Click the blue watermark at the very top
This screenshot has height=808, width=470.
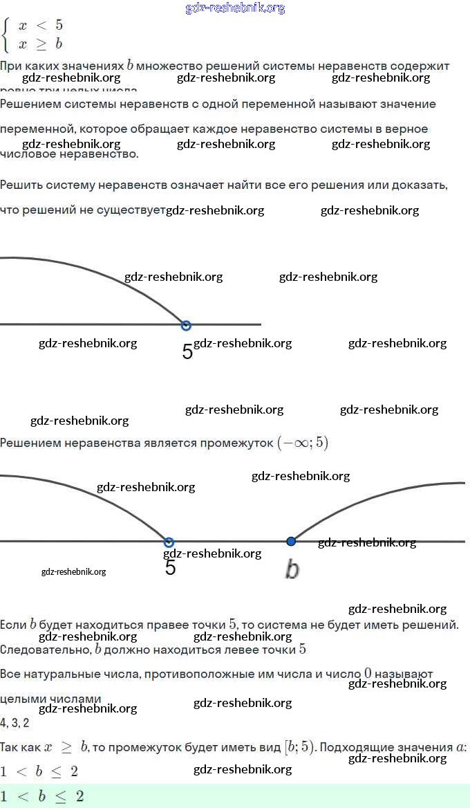[235, 8]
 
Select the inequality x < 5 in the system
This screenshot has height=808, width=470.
[41, 26]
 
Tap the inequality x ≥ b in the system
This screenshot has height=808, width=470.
[41, 44]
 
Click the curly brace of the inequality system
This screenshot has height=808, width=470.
[6, 35]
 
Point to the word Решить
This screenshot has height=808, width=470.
[21, 185]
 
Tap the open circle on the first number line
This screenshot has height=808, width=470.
[185, 325]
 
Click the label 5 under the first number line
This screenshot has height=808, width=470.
[187, 351]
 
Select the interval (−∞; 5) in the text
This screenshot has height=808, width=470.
[303, 443]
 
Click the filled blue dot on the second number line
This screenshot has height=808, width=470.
[291, 541]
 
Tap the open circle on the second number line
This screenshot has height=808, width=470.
[169, 542]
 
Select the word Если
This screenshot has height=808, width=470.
[13, 625]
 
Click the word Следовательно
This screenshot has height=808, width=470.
[45, 650]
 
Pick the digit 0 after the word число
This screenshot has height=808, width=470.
[368, 673]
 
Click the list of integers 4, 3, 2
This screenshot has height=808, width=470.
[15, 723]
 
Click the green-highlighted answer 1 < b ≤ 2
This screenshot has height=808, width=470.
[42, 796]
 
